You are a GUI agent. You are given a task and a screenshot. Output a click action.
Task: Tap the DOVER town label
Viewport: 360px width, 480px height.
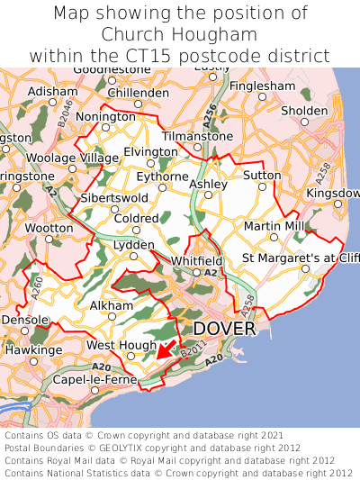tap(224, 328)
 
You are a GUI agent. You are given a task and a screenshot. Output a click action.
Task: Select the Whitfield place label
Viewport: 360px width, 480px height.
tap(196, 260)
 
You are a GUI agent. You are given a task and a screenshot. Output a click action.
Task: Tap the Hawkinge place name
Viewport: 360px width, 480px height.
tap(33, 349)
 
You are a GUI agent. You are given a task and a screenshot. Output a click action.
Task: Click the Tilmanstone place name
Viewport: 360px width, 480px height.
tap(197, 136)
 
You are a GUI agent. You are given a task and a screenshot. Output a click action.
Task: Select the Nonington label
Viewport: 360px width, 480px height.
tap(105, 116)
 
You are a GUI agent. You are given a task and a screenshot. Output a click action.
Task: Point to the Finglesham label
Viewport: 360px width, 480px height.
tap(262, 86)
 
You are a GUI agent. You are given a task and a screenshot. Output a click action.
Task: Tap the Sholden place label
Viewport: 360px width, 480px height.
tap(304, 110)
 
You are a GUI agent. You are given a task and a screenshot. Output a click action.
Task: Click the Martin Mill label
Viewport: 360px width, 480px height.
tap(274, 225)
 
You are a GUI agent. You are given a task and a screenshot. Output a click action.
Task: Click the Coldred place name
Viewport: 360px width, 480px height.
tap(137, 218)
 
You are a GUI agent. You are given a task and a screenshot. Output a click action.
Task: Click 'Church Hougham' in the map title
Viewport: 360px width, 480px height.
tap(179, 34)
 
